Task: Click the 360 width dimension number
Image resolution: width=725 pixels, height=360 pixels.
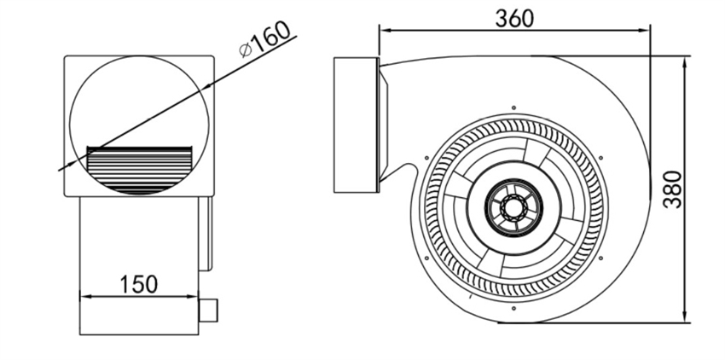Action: click(514, 17)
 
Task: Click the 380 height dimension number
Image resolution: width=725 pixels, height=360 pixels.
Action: click(674, 189)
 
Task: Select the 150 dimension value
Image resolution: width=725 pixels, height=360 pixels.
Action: click(139, 283)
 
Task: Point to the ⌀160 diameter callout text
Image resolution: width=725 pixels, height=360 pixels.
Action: click(266, 39)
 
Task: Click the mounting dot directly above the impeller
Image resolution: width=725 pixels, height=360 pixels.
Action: click(513, 107)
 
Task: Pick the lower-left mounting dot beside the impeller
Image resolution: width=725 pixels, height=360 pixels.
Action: click(426, 256)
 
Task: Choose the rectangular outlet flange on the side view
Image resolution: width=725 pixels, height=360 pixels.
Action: click(356, 125)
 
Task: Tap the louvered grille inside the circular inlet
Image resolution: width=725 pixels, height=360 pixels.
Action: click(141, 169)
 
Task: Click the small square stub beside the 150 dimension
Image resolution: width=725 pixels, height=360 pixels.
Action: click(208, 311)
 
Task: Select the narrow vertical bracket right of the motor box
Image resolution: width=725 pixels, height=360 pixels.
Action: click(204, 234)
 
